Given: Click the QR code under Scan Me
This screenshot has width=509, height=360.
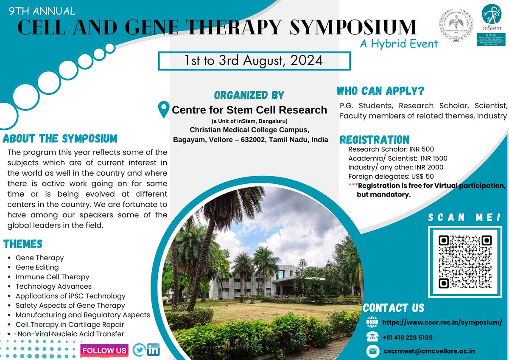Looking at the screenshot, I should click(465, 262).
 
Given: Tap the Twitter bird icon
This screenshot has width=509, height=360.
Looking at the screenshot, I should click(139, 350).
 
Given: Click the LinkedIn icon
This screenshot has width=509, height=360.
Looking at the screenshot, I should click(154, 350).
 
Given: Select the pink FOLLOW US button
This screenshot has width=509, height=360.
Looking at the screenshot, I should click(104, 350).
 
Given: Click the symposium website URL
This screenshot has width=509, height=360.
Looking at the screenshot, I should click(442, 322).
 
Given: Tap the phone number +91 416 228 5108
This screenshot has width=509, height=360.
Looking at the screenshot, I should click(407, 337).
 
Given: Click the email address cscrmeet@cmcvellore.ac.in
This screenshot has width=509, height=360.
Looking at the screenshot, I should click(429, 351).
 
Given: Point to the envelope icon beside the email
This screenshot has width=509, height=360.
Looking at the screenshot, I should click(373, 351).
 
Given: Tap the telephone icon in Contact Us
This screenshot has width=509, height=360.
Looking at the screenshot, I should click(372, 337).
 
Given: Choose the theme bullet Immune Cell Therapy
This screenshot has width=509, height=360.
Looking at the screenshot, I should click(53, 277).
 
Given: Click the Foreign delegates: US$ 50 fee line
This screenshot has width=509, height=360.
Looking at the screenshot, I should click(391, 177).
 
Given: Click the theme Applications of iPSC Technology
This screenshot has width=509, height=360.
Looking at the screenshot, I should click(70, 296).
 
